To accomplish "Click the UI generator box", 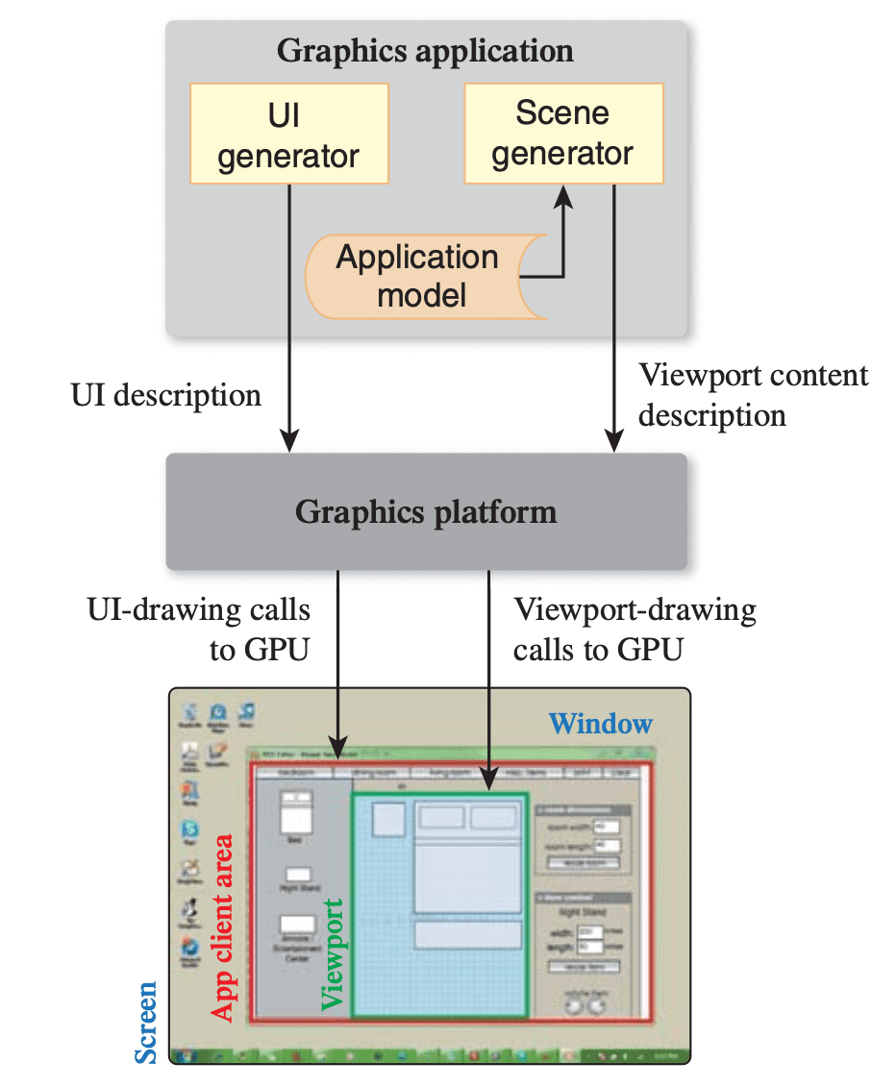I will click(288, 133).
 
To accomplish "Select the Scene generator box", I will click(562, 133).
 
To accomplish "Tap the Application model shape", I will click(418, 276).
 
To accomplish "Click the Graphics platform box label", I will click(426, 511).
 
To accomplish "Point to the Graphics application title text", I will click(425, 50).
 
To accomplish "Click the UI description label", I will click(165, 395).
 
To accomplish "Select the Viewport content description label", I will click(753, 394).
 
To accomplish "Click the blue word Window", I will click(600, 723).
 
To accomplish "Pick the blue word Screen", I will click(145, 1023).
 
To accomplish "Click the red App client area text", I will click(222, 928).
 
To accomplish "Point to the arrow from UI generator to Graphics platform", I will click(288, 317).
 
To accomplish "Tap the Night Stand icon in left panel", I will click(298, 876).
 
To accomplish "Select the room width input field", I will click(605, 826).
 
